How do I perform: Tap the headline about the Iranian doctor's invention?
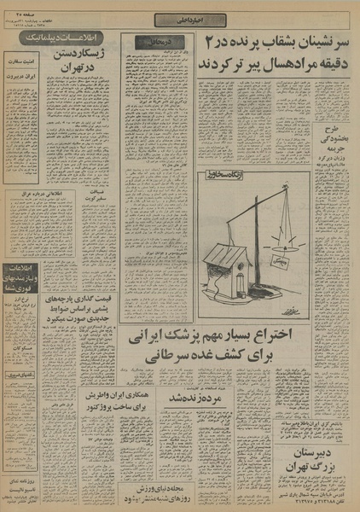point(241,346)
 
